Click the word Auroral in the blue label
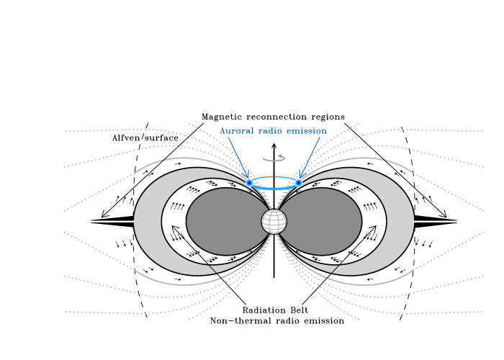[x=236, y=131]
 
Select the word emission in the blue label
[x=306, y=131]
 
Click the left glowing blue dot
[x=249, y=183]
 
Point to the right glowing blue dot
[x=298, y=183]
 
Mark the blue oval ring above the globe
[x=274, y=177]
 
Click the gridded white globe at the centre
[x=274, y=221]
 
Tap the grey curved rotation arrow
[x=274, y=158]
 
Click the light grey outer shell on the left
[x=148, y=221]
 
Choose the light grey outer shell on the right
[x=400, y=221]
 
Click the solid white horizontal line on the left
[x=112, y=221]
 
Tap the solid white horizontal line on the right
[x=436, y=221]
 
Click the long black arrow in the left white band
[x=193, y=248]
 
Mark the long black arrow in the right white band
[x=354, y=248]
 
